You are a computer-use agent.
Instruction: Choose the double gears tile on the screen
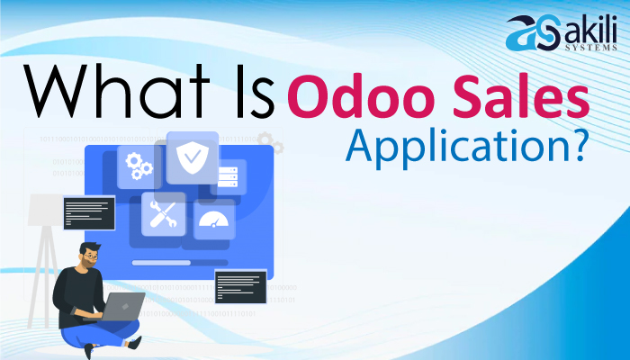click(x=140, y=167)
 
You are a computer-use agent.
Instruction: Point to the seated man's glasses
click(x=91, y=256)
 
